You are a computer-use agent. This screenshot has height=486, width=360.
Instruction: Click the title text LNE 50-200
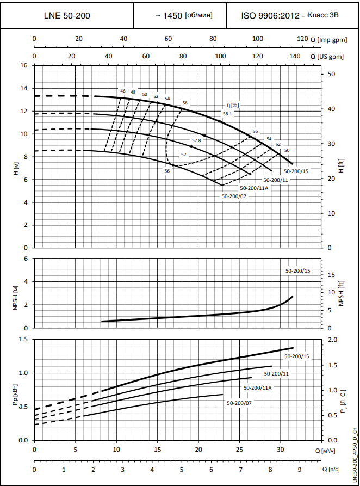pos(67,15)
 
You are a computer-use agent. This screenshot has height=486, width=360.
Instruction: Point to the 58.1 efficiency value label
pos(227,114)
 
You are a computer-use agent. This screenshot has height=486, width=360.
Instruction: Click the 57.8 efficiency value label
pos(196,140)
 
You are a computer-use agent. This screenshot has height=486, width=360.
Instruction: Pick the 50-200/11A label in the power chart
pos(257,388)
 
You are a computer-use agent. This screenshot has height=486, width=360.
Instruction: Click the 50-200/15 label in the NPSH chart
pos(297,270)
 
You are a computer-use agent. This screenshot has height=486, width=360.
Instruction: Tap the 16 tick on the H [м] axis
pos(23,65)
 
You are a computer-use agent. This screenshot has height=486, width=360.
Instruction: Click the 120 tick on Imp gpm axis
pos(302,39)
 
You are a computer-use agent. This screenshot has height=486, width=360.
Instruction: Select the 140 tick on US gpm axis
pos(295,57)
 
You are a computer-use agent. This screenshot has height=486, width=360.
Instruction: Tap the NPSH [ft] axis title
pos(342,293)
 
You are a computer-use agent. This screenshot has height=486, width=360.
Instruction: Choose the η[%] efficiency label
pos(233,104)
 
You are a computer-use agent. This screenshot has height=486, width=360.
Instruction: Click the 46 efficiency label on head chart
pos(123,91)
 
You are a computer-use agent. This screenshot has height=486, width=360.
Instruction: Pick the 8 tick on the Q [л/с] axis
pos(270,469)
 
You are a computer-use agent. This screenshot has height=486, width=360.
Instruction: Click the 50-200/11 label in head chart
pos(276,179)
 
